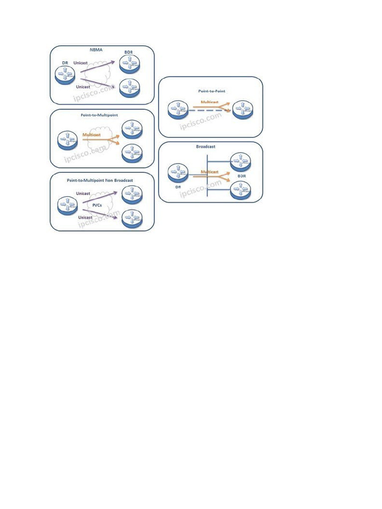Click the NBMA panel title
96,50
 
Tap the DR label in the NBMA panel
65,63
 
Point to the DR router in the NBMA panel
65,75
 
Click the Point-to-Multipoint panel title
99,115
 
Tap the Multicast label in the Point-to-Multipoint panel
92,135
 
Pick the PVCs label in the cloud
97,205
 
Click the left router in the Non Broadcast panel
67,205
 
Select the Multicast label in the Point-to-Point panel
209,102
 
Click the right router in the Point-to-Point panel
243,109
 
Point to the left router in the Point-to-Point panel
178,109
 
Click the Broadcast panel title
205,147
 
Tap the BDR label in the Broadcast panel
242,176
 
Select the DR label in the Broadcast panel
178,187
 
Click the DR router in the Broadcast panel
178,173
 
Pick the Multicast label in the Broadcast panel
209,172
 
